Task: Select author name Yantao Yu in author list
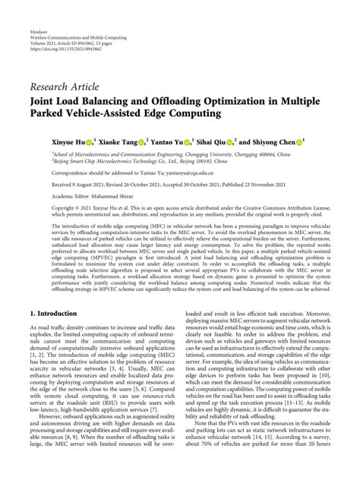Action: pos(169,141)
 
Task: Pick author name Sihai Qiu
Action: pos(216,141)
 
